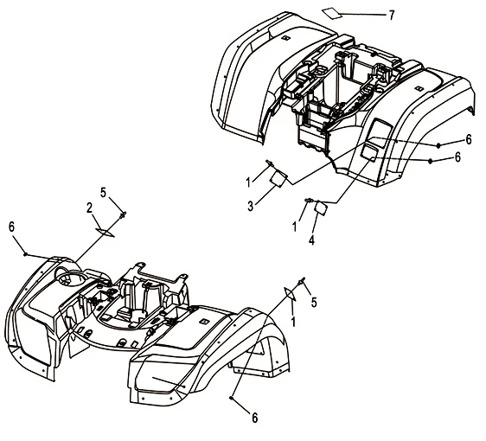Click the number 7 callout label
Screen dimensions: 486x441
(x=392, y=15)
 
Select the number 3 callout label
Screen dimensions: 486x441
(x=251, y=206)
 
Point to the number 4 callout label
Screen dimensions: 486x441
(x=311, y=240)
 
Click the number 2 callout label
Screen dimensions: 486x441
(x=90, y=208)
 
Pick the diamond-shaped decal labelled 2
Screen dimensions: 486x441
(x=105, y=232)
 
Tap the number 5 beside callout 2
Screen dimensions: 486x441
(x=103, y=193)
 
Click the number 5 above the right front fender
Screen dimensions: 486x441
(x=314, y=302)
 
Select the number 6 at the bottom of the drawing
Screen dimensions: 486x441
(x=254, y=418)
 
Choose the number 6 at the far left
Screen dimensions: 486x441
(x=11, y=227)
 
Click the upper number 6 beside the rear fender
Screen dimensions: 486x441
(x=469, y=139)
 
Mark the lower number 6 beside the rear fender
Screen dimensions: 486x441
(x=457, y=157)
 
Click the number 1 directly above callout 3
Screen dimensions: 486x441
(x=248, y=182)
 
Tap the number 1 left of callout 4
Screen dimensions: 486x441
(x=294, y=227)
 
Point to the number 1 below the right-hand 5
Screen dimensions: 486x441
(x=293, y=322)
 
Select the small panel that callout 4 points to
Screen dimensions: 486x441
(x=321, y=207)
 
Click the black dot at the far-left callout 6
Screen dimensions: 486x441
(x=25, y=254)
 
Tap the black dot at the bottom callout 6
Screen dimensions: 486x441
(x=232, y=398)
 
